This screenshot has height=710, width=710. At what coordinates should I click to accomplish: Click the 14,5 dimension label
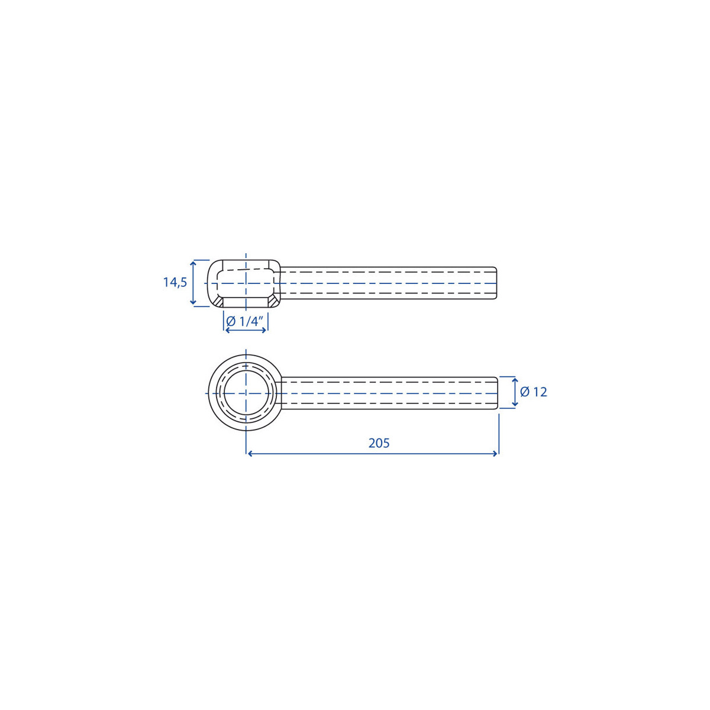[x=175, y=283]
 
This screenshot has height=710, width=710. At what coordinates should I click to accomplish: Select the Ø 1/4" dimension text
[x=244, y=322]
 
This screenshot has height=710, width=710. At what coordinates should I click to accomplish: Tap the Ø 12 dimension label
[x=534, y=392]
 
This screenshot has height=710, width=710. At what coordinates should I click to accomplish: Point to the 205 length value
[x=379, y=443]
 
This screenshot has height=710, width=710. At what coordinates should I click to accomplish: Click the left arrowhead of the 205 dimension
[x=250, y=454]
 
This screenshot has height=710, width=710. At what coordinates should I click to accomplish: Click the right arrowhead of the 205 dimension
[x=495, y=454]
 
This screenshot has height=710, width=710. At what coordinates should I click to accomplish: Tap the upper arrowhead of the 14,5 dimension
[x=193, y=263]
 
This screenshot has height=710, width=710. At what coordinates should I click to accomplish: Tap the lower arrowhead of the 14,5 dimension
[x=193, y=302]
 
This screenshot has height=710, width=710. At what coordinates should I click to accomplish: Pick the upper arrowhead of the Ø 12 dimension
[x=515, y=380]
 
